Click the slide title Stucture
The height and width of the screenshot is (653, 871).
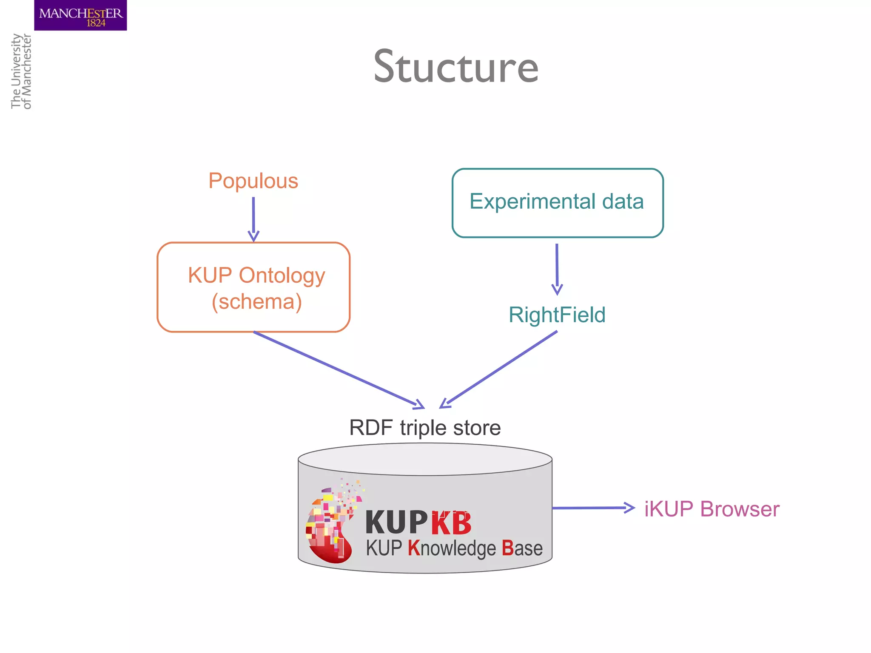(456, 67)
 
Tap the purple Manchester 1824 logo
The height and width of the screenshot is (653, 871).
(80, 16)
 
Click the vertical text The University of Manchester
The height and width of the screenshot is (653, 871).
(21, 71)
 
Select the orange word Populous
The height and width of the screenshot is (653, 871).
(253, 181)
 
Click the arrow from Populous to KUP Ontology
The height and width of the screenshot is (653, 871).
(253, 219)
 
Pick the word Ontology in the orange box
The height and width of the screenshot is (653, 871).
(282, 275)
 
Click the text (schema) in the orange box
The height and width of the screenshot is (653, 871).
(257, 302)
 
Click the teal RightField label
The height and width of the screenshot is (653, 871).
(557, 315)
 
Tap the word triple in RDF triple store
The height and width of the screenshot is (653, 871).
(423, 428)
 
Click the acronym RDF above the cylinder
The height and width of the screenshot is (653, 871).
(370, 428)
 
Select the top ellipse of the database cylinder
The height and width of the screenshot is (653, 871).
(425, 460)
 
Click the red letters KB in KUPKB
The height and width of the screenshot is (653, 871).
(451, 523)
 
